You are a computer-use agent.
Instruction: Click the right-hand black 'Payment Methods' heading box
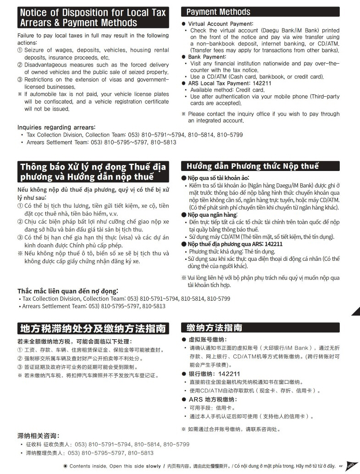(x=260, y=12)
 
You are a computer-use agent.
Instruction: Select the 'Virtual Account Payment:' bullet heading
(x=220, y=24)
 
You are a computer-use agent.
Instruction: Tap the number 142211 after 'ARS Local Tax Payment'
(x=261, y=83)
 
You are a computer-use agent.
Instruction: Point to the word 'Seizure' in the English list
(x=35, y=50)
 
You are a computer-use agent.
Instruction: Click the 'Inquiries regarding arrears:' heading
(x=56, y=127)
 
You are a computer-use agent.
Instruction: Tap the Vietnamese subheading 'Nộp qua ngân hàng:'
(x=212, y=215)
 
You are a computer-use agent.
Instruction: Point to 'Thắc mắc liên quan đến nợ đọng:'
(x=67, y=291)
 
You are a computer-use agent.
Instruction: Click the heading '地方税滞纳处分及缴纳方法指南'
(x=93, y=329)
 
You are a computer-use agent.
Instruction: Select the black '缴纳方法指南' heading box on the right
(x=260, y=328)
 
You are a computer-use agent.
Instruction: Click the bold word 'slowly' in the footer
(x=154, y=466)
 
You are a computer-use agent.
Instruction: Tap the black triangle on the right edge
(x=356, y=311)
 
